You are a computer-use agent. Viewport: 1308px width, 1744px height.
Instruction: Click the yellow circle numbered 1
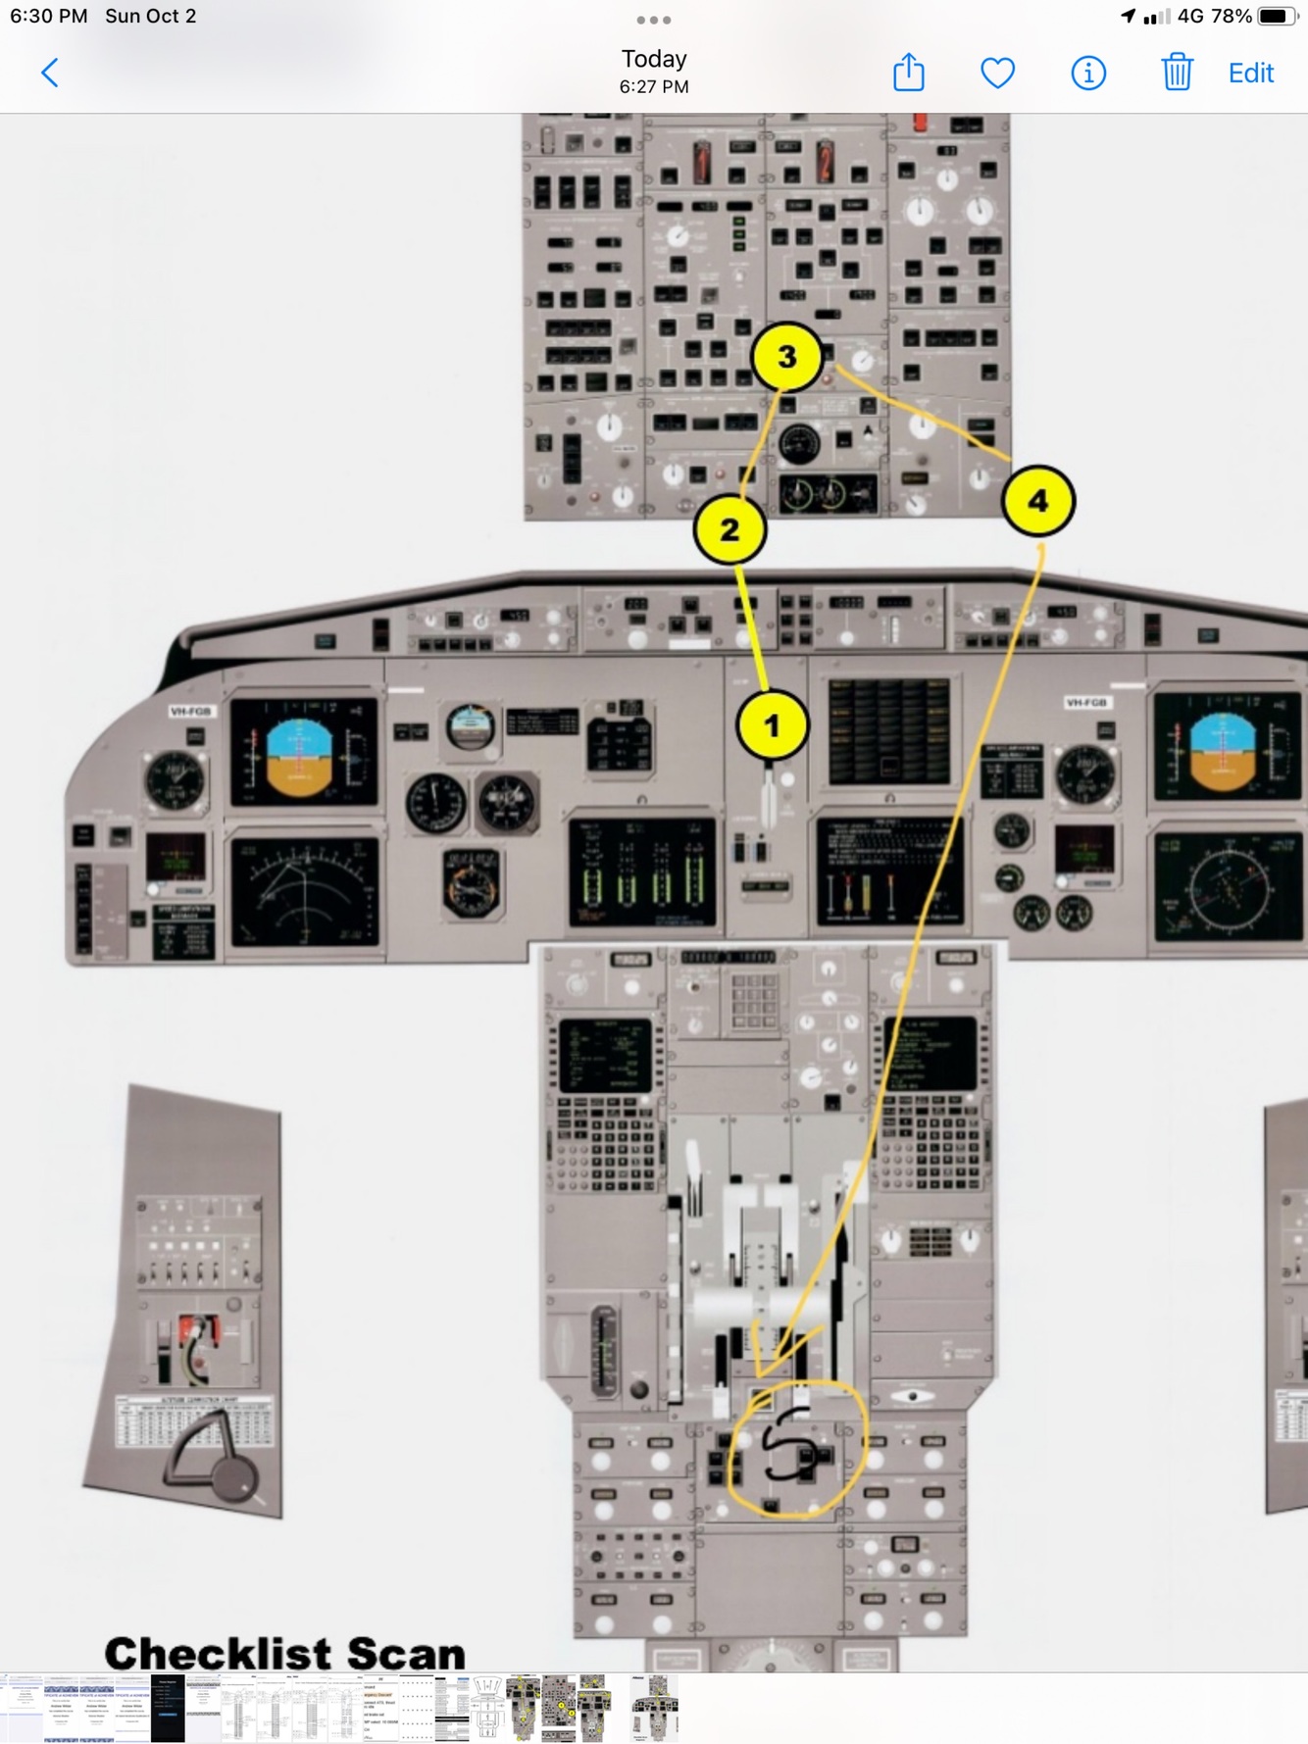772,725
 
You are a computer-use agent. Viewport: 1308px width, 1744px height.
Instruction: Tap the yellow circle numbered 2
729,530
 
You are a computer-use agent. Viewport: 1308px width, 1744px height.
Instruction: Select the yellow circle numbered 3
786,357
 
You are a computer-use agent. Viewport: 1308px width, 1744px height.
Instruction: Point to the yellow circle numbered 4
1037,501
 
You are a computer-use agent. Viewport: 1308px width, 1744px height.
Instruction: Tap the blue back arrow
50,73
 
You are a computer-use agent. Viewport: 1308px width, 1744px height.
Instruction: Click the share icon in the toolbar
909,73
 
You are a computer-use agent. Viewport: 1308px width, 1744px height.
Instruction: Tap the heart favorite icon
998,73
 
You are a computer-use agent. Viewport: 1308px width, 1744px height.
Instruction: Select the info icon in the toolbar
1087,73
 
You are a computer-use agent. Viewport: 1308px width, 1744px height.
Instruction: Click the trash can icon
1177,73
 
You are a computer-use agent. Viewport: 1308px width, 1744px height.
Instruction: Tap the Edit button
1250,73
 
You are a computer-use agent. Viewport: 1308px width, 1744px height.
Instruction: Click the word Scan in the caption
405,1654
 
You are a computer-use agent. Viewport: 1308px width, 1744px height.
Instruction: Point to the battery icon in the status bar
1276,17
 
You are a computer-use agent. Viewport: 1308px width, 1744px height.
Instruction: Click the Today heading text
654,59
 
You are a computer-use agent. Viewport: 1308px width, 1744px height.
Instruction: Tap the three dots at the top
654,20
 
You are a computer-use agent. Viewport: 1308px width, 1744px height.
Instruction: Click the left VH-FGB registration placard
191,711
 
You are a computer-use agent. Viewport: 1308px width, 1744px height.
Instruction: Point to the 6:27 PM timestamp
654,87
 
